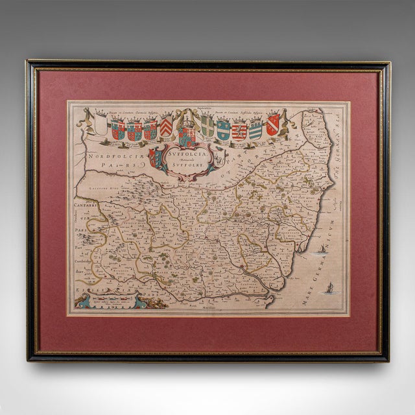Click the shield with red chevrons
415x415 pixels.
click(x=167, y=125)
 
